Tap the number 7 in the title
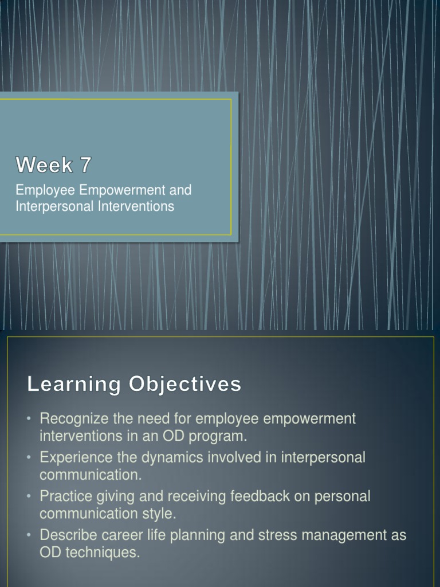85,165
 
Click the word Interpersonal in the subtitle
50,206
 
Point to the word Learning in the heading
73,385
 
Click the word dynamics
160,457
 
